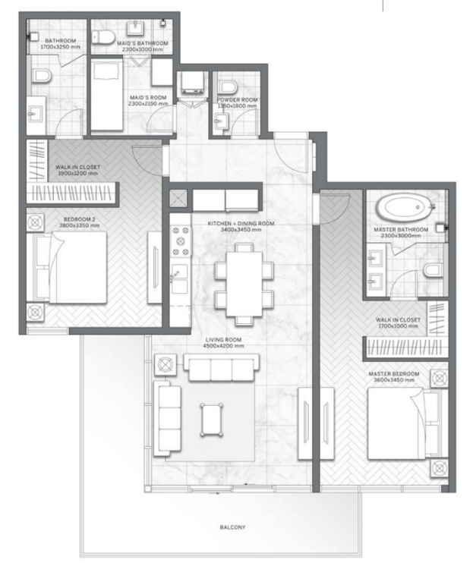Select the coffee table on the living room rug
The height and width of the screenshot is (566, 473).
pyautogui.click(x=210, y=418)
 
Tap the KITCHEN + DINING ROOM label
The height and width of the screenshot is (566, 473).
pyautogui.click(x=241, y=224)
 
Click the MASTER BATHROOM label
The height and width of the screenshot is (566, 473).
pyautogui.click(x=401, y=229)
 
